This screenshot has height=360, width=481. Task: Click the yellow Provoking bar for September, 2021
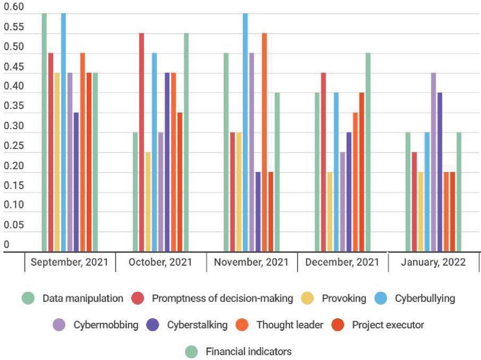[57, 162]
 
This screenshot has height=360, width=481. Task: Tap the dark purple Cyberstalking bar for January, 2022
[440, 172]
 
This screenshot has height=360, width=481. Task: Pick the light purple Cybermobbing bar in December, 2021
[343, 202]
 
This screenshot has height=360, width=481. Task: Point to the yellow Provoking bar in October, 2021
[148, 202]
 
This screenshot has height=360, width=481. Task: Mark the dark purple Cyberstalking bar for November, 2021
[258, 212]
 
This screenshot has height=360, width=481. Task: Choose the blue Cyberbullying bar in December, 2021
[336, 172]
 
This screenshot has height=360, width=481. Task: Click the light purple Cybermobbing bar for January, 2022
[433, 162]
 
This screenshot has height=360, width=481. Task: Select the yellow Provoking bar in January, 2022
[421, 212]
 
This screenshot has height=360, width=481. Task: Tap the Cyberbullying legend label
[425, 299]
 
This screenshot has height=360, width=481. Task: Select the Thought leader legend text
[289, 325]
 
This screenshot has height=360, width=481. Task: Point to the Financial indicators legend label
[249, 351]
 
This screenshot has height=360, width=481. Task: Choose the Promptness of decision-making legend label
[222, 299]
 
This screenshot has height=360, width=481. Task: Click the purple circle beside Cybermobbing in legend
[59, 325]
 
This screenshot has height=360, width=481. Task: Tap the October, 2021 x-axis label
[160, 262]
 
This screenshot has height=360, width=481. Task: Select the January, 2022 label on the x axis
[433, 262]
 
